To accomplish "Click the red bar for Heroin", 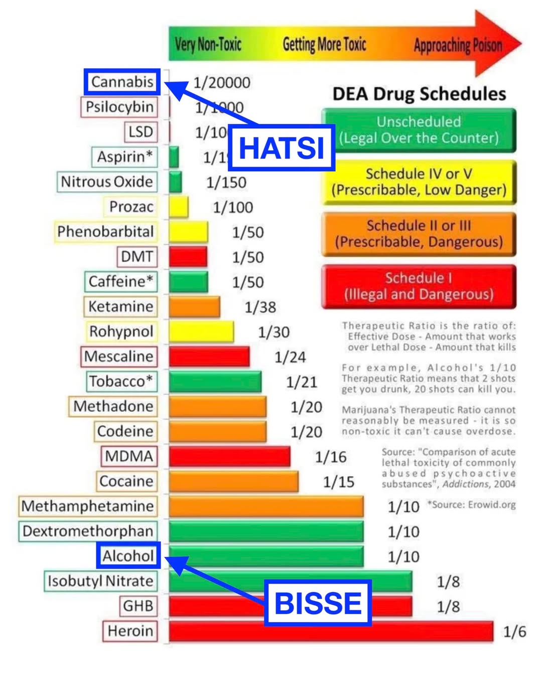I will pos(331,631).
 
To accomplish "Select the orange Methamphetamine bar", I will pos(266,506).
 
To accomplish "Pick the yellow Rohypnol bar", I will pos(201,331).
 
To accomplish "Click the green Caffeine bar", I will pos(188,282).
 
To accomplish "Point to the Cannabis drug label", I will pos(122,82).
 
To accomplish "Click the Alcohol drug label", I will pos(128,555).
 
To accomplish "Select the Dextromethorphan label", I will pos(88,531).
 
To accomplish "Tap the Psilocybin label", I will pos(119,107).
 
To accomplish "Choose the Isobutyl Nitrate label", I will pos(100,581).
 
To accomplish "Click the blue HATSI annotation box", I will pos(281,148).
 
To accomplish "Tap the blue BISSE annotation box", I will pos(318,603).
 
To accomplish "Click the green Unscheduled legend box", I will pos(419,130).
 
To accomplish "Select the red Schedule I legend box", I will pos(419,286).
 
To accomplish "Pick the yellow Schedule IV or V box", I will pos(419,182).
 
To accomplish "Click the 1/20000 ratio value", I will pos(222,82).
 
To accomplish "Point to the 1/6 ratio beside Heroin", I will pos(515,632).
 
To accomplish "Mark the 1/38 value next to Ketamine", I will pos(260,307).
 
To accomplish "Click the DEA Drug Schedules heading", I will pos(419,94).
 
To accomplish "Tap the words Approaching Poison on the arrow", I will pos(458,46).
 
